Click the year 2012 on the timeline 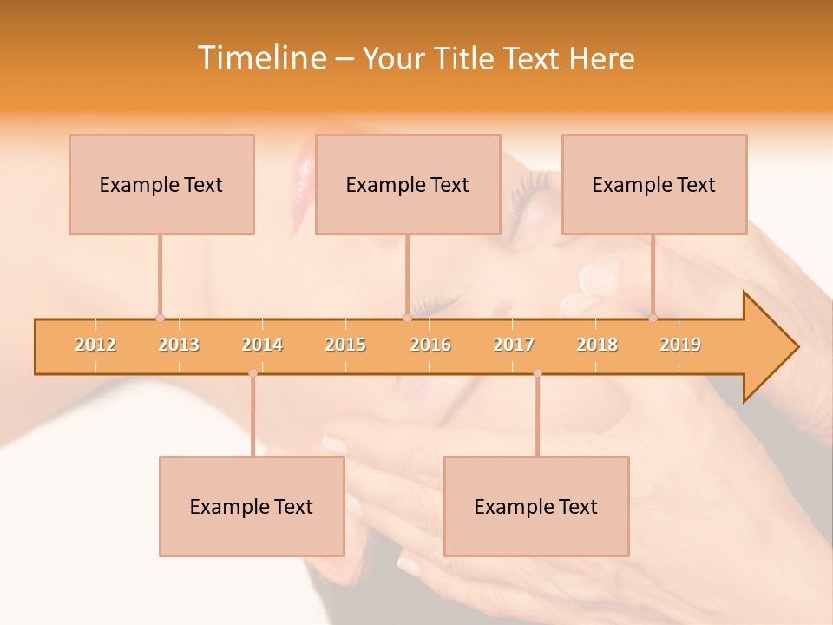[x=95, y=345]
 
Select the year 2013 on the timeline [x=179, y=345]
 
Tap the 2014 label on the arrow [x=262, y=345]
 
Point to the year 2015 [x=345, y=345]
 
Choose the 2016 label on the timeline [x=430, y=345]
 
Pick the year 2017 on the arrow [x=514, y=345]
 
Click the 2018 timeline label [x=597, y=345]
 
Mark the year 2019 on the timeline [x=680, y=345]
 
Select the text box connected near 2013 [x=161, y=184]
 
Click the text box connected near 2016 [x=408, y=184]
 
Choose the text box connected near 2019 [x=654, y=184]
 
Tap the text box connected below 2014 [x=252, y=506]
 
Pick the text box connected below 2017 [x=536, y=506]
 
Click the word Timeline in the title [x=259, y=58]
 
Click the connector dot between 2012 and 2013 [x=160, y=318]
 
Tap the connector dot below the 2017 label [x=537, y=373]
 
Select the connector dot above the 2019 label [x=653, y=318]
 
